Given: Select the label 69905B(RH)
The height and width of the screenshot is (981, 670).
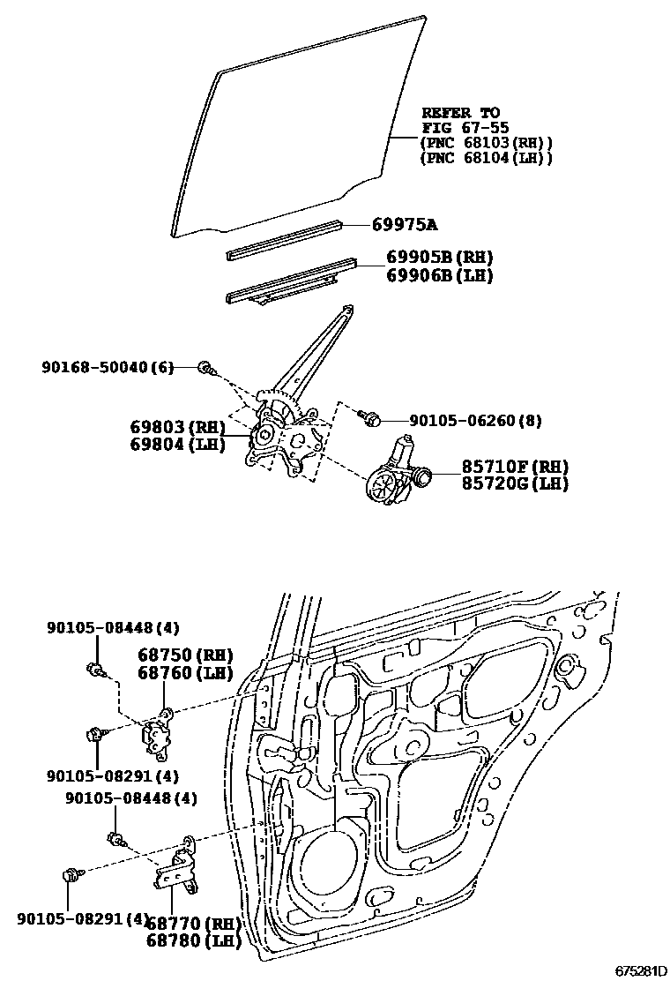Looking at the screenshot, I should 439,258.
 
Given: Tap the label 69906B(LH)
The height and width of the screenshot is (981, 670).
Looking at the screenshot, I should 439,275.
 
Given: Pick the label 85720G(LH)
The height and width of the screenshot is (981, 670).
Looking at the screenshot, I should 515,483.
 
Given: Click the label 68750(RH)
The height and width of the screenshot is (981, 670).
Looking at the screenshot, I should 184,655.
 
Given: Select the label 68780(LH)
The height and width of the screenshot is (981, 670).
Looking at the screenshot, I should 193,941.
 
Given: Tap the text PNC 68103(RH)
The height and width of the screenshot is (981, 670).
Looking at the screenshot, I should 486,143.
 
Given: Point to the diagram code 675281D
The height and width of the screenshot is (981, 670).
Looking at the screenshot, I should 641,971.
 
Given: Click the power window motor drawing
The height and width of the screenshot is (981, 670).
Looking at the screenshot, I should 395,476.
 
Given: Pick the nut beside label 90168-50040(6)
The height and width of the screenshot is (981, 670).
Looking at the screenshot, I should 204,367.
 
